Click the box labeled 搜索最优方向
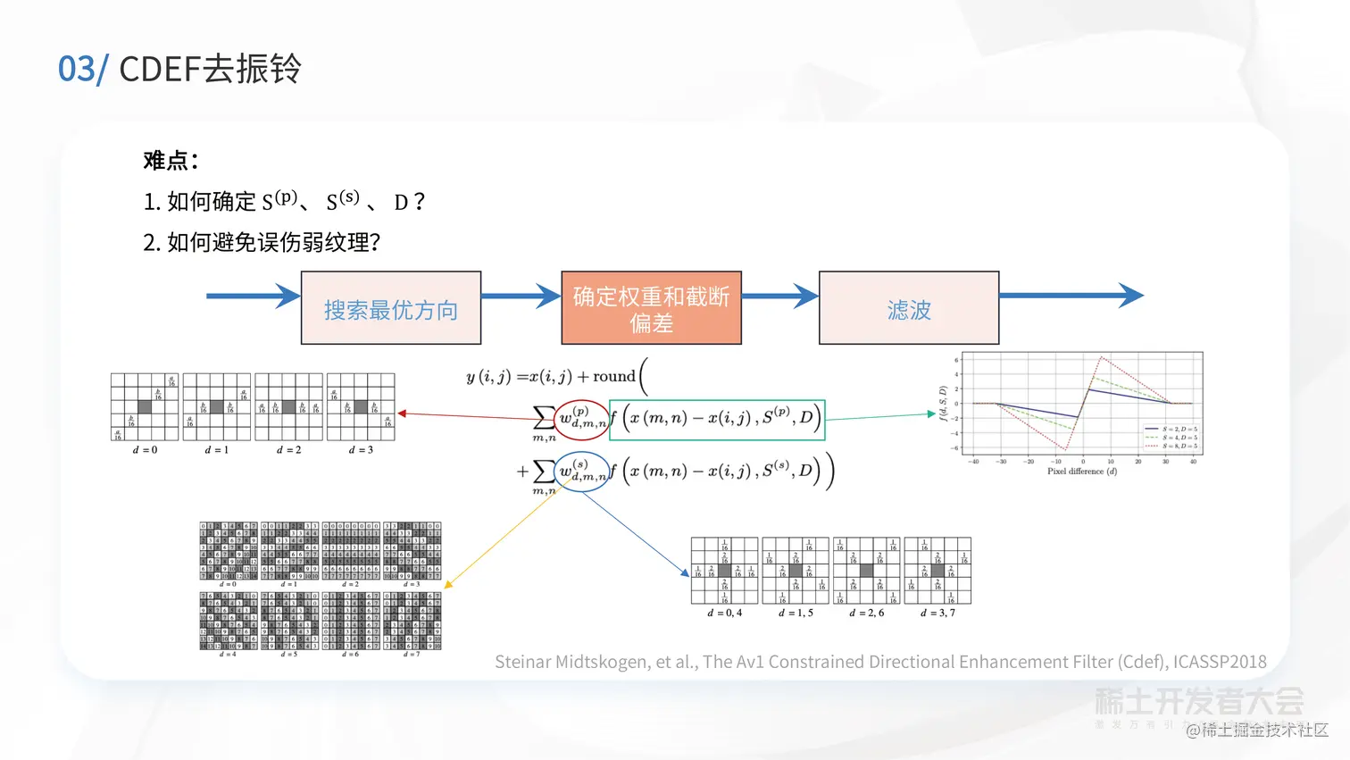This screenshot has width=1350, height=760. pos(391,309)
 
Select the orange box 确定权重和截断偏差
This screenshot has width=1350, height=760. pos(651,309)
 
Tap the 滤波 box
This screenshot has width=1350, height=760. pos(909,309)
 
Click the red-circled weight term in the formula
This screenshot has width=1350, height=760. pos(582,419)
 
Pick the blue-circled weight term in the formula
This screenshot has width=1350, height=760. pos(582,472)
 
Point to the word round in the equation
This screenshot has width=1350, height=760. pos(613,377)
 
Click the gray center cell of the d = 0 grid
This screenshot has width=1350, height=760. pos(145,407)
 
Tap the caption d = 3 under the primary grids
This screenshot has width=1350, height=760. pos(361,450)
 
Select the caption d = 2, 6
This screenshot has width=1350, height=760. pos(866,613)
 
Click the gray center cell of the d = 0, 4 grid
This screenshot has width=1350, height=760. pos(724,571)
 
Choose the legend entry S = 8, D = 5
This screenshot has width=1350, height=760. pos(1179,446)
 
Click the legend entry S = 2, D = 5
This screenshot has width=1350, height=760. pos(1179,430)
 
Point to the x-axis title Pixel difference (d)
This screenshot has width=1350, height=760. pos(1081,472)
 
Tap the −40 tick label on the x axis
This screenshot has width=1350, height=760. pos(973,462)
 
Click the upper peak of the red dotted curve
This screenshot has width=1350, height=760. pos(1102,358)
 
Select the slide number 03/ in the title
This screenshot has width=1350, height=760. pos(82,69)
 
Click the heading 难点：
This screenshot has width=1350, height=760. pos(171,161)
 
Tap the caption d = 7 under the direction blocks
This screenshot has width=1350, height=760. pos(412,655)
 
